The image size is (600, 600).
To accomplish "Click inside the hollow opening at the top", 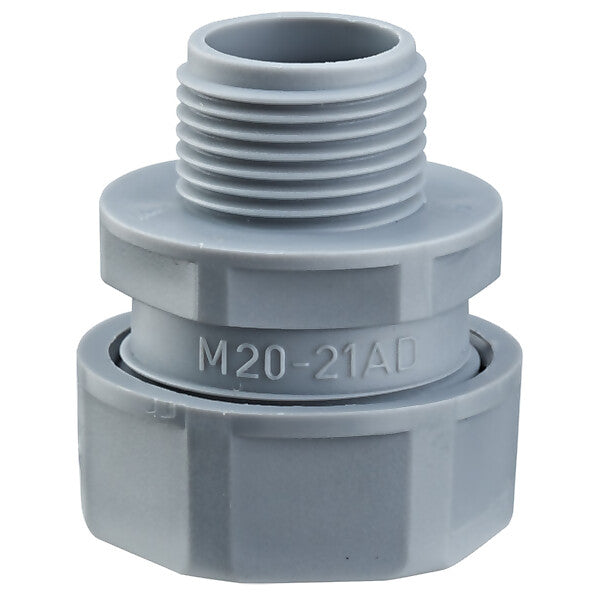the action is [302, 41].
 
